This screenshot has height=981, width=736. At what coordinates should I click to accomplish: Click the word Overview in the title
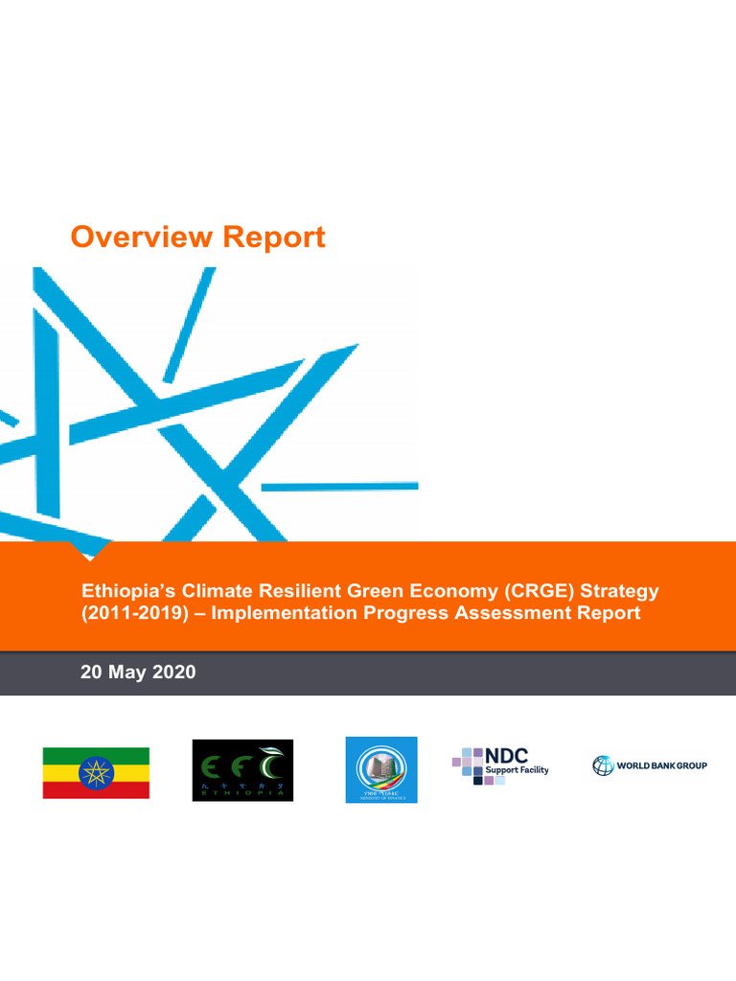click(x=141, y=237)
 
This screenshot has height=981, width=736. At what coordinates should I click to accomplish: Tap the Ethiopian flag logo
click(x=96, y=772)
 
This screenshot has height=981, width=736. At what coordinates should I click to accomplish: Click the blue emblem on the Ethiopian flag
click(x=96, y=772)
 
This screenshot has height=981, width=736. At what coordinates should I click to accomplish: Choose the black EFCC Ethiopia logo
click(x=242, y=769)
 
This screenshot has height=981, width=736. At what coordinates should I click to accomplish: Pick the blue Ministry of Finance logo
click(x=381, y=769)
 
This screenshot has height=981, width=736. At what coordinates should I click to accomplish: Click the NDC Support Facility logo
click(x=500, y=765)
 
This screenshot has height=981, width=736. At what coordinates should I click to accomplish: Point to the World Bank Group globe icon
click(x=603, y=765)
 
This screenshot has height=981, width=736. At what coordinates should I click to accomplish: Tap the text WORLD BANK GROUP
click(x=662, y=766)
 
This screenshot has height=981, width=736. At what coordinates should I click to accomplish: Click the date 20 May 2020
click(x=138, y=673)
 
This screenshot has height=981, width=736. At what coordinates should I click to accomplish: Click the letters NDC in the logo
click(x=506, y=756)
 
